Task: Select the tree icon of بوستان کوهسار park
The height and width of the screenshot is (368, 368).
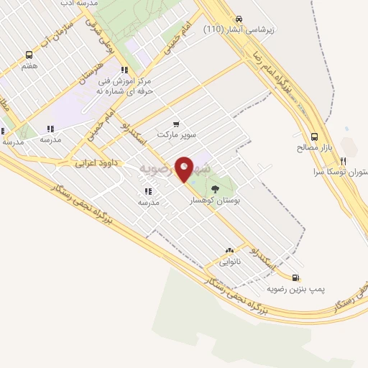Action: [216, 189]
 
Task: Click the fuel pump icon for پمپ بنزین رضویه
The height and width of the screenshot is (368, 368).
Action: [295, 277]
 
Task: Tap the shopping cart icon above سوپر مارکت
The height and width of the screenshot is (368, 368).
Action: [176, 124]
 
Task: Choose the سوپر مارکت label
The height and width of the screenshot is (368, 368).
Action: [178, 135]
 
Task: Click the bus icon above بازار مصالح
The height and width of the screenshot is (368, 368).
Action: [314, 137]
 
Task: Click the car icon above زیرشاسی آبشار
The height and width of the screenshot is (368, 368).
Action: [239, 19]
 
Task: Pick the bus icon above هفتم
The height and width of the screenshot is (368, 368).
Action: [29, 55]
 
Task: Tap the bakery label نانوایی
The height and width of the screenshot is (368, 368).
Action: [230, 262]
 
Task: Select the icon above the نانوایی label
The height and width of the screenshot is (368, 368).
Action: [230, 251]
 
